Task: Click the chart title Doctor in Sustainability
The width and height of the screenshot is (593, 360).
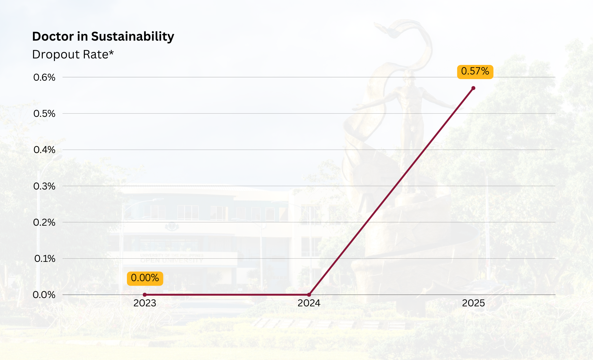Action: tap(103, 36)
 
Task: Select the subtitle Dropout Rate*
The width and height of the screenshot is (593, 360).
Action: tap(73, 55)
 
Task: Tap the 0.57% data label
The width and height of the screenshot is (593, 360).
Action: tap(475, 71)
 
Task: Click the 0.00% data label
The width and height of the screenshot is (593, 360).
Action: tap(145, 278)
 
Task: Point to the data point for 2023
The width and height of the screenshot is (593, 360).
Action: tap(145, 295)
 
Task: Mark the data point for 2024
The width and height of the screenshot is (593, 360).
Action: tap(309, 295)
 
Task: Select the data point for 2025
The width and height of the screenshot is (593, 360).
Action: tap(473, 88)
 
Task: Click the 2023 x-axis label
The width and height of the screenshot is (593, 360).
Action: tap(145, 303)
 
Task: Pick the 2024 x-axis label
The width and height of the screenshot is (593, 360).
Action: tap(309, 303)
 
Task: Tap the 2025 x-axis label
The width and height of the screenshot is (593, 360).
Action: tap(473, 303)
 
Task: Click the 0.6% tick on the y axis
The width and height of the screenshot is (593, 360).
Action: tap(44, 77)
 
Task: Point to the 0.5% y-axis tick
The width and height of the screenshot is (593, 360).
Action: tap(44, 114)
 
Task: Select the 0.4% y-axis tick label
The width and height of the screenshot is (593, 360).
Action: tap(44, 150)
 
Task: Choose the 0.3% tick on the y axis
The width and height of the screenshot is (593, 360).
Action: tap(44, 186)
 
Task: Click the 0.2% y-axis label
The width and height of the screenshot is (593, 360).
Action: tap(44, 222)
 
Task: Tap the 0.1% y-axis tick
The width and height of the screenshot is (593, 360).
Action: tap(45, 259)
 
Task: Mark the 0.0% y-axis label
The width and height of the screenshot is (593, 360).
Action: tap(44, 295)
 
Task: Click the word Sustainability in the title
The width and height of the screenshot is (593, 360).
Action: tap(133, 36)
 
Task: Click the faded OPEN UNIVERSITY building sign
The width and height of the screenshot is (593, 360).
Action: tap(172, 260)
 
